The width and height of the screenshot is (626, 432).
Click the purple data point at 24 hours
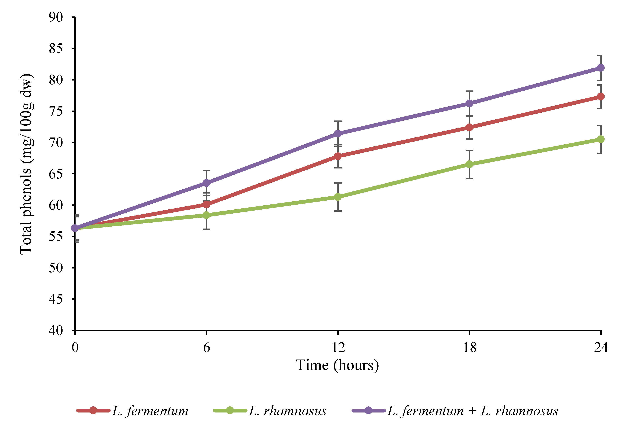pyautogui.click(x=600, y=68)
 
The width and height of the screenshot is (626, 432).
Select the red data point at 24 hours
pyautogui.click(x=600, y=97)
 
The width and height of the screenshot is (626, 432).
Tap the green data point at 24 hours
pyautogui.click(x=600, y=139)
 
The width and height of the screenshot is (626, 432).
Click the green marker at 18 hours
pyautogui.click(x=469, y=164)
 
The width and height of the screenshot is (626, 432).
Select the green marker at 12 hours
pyautogui.click(x=338, y=197)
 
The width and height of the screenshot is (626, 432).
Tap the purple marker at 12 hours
pyautogui.click(x=338, y=134)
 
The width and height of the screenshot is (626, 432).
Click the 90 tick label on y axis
pyautogui.click(x=56, y=17)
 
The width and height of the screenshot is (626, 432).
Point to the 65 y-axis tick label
pyautogui.click(x=56, y=174)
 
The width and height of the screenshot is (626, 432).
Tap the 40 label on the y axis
pyautogui.click(x=56, y=330)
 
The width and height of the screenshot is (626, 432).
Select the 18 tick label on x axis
pyautogui.click(x=470, y=347)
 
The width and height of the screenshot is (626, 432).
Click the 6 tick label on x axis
pyautogui.click(x=207, y=347)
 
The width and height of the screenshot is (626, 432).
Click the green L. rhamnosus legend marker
pyautogui.click(x=230, y=411)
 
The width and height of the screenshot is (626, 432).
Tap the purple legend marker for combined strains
pyautogui.click(x=368, y=411)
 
